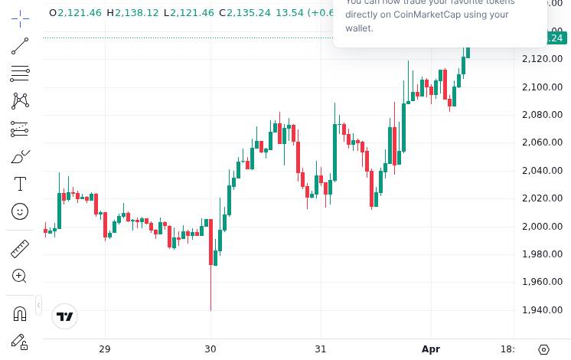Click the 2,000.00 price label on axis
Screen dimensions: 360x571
click(543, 226)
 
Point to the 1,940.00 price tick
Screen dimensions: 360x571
click(543, 309)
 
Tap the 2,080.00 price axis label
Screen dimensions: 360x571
click(543, 115)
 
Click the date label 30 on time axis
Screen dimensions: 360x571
click(211, 349)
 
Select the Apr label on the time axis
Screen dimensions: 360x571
click(431, 349)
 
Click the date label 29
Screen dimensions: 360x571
click(105, 349)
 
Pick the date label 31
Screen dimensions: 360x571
click(321, 349)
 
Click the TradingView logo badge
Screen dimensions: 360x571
click(65, 316)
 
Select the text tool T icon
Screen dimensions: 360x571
click(20, 184)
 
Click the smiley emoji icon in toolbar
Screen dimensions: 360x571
click(20, 211)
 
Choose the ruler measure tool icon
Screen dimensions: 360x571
click(20, 249)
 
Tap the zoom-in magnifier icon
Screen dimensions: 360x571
click(20, 276)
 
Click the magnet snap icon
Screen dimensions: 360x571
click(20, 313)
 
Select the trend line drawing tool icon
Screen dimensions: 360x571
click(20, 46)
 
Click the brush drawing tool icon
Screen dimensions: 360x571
click(20, 156)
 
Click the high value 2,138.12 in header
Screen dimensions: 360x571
click(136, 13)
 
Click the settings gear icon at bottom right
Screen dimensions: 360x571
click(544, 349)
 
